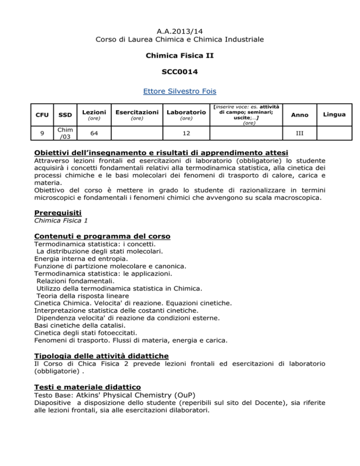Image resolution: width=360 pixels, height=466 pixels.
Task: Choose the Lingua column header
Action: [336, 114]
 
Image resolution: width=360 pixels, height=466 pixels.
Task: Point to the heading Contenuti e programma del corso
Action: [103, 236]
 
